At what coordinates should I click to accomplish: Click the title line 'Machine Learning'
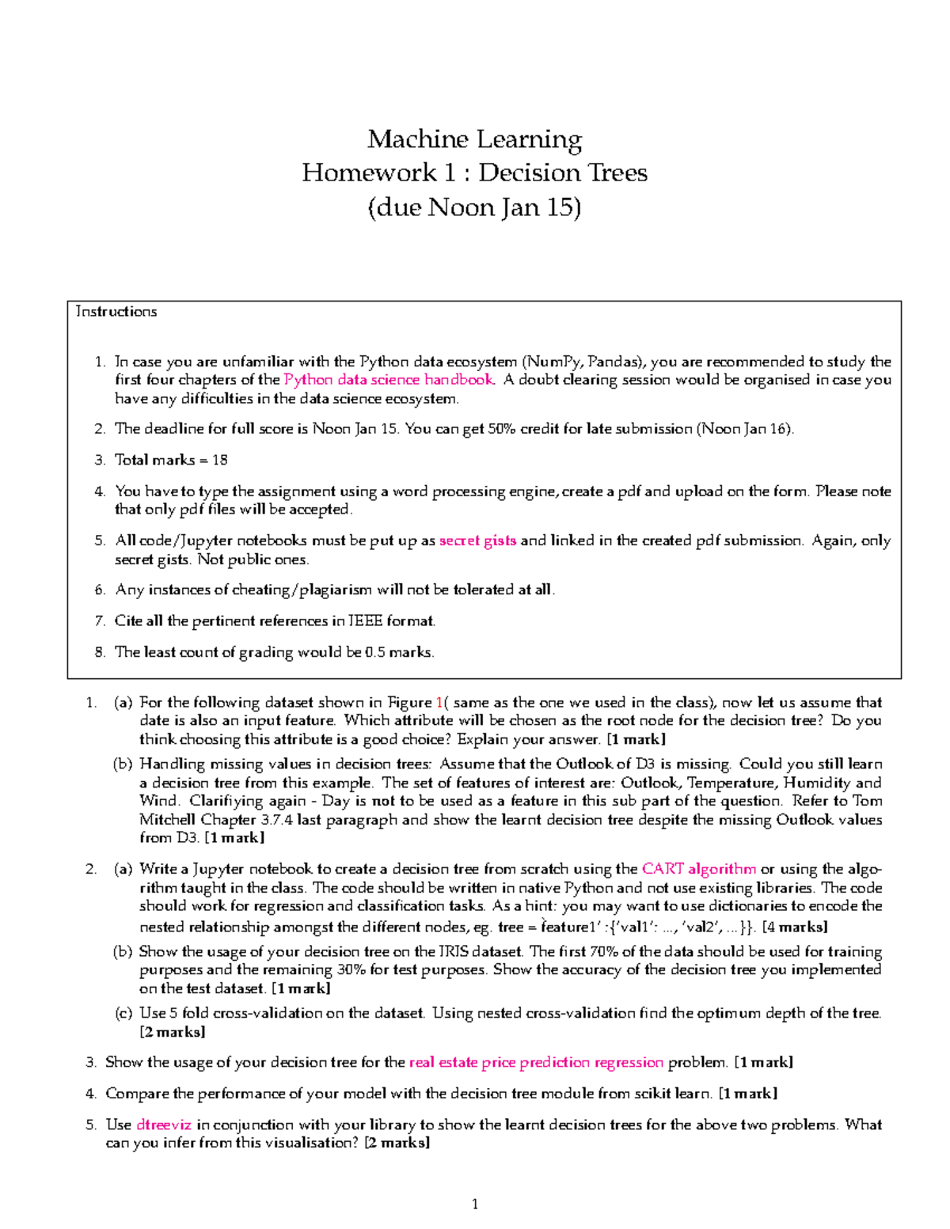tap(474, 139)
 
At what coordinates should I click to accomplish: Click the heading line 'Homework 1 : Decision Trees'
tap(474, 173)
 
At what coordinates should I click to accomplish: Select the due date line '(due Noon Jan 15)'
tap(474, 207)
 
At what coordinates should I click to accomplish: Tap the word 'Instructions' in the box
tap(116, 312)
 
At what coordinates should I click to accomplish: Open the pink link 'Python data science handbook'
tap(389, 380)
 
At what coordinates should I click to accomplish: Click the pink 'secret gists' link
tap(477, 541)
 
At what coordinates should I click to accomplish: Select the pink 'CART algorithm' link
tap(698, 869)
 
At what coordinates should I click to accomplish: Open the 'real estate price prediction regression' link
tap(536, 1062)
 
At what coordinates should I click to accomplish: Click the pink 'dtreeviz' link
tap(164, 1125)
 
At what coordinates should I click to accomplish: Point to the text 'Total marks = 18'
tap(171, 460)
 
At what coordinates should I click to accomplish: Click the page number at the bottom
tap(475, 1204)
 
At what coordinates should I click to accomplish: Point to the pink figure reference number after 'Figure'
tap(439, 703)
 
